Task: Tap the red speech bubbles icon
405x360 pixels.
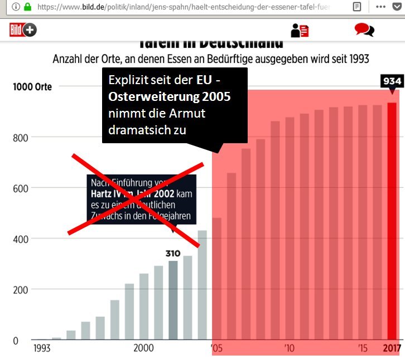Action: (x=364, y=30)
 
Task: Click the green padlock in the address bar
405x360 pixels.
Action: (x=27, y=7)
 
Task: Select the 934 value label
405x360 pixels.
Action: (x=392, y=81)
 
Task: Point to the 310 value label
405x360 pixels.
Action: (x=173, y=253)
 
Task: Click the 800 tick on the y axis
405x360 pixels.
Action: (x=21, y=138)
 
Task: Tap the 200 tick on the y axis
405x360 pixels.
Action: (x=21, y=289)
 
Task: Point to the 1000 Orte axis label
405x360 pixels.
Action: (x=32, y=87)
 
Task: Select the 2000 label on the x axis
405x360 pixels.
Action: (x=144, y=349)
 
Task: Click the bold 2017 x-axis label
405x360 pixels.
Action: (x=392, y=349)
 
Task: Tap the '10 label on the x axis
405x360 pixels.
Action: (x=288, y=349)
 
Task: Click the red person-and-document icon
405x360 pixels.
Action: (x=300, y=30)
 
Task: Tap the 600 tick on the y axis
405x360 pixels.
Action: (x=21, y=188)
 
